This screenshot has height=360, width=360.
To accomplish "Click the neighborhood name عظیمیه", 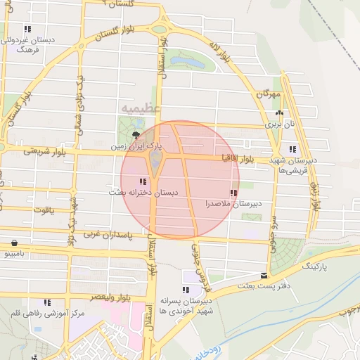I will tap(141, 109).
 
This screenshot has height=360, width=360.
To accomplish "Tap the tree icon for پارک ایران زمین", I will tap(136, 135).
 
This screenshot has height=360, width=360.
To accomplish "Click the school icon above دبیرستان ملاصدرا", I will tap(233, 193).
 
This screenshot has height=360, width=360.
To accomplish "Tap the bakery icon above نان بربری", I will tap(280, 113).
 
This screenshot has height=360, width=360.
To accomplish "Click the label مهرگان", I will tap(268, 94).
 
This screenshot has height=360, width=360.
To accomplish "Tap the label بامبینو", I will tap(13, 252).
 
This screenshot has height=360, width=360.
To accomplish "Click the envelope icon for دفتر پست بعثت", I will tap(264, 276).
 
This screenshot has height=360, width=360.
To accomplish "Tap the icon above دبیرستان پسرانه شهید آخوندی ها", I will tap(185, 290).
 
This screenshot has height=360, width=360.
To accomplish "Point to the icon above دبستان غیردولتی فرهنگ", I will tap(27, 30).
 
